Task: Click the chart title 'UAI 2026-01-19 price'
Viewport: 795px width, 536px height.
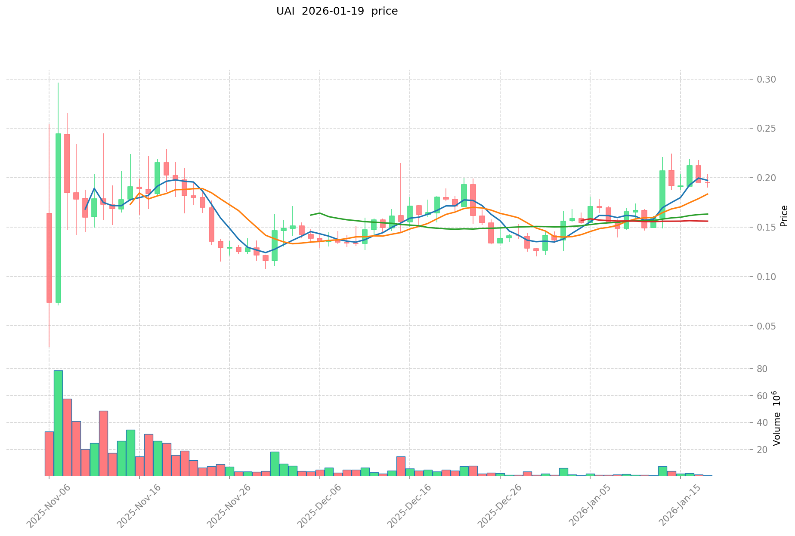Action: [x=337, y=11]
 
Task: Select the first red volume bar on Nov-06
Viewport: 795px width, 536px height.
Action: [x=49, y=453]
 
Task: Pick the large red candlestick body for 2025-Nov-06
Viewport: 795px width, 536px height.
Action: [x=49, y=258]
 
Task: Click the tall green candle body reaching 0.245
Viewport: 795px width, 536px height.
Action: [x=58, y=218]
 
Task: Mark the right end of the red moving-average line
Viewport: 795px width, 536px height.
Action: [x=708, y=221]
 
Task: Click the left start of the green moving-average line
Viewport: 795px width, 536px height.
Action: [x=311, y=215]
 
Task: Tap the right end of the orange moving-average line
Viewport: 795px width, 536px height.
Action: [x=708, y=194]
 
